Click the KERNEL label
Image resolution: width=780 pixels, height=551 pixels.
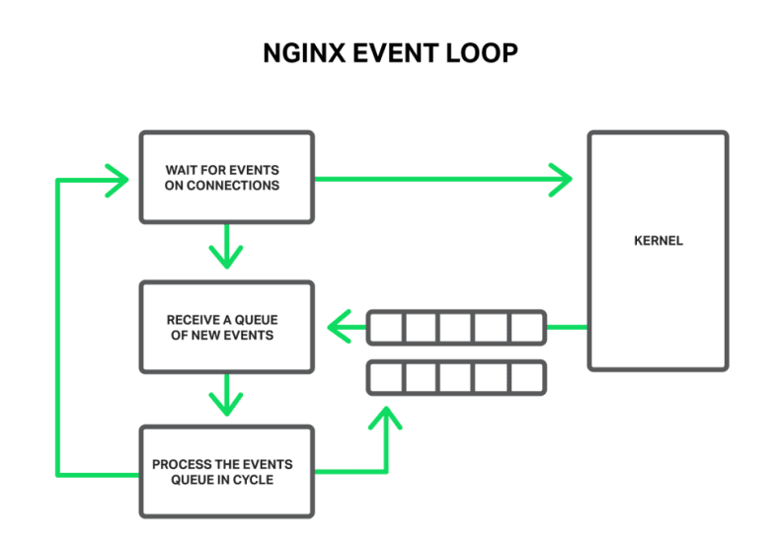click(658, 240)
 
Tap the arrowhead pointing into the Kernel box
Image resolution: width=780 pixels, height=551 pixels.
click(562, 179)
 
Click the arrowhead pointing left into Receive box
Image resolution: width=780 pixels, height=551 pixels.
click(341, 326)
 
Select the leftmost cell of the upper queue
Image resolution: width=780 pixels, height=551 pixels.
click(386, 327)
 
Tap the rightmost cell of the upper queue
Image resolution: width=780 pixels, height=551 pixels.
click(525, 327)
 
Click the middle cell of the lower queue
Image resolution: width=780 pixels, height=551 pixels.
click(455, 376)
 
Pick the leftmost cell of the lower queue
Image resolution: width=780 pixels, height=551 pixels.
click(386, 376)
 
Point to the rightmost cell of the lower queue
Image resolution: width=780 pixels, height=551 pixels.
click(525, 376)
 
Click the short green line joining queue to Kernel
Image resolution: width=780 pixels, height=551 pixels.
click(567, 327)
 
